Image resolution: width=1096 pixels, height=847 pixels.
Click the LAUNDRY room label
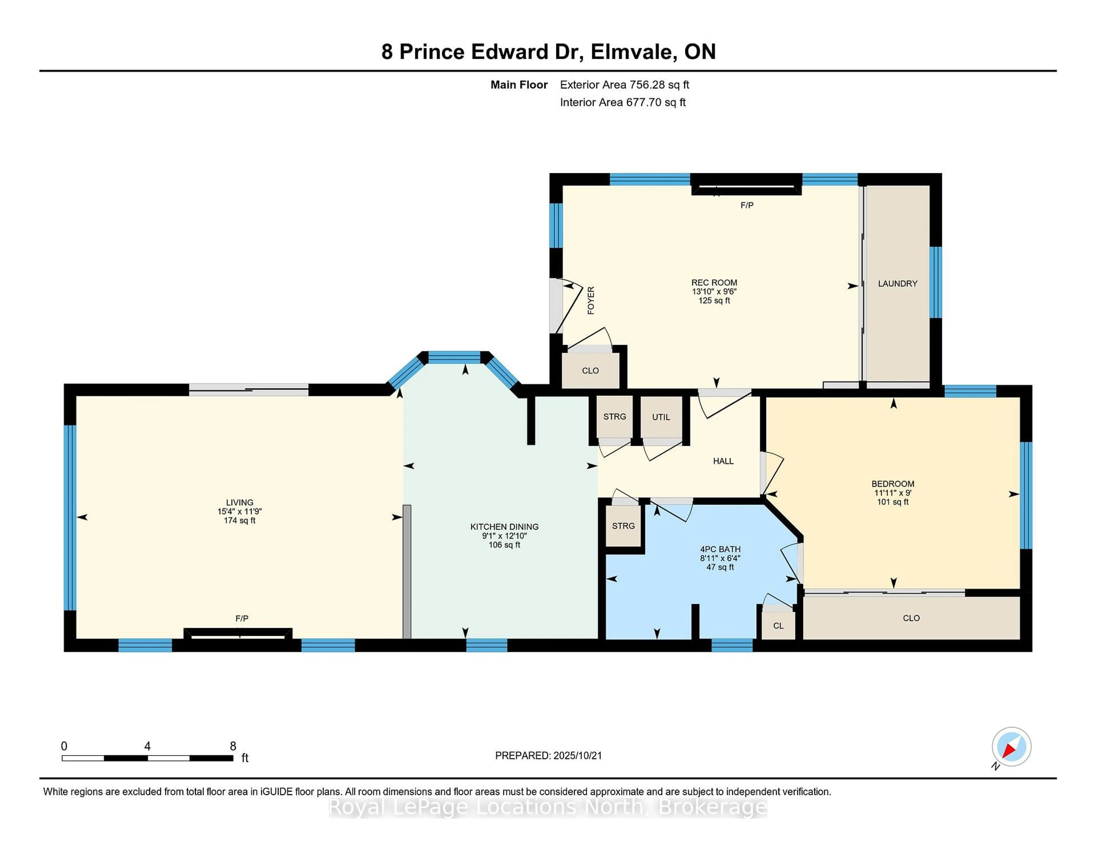897,283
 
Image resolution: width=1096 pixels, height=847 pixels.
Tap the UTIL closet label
661,417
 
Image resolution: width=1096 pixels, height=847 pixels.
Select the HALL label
723,461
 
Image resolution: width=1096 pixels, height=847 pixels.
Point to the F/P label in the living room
242,618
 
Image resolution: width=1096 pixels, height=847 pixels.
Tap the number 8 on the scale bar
233,746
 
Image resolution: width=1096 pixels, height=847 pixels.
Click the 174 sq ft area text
239,520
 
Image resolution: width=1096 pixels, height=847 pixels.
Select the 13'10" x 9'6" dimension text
714,292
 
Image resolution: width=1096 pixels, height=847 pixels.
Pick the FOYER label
591,300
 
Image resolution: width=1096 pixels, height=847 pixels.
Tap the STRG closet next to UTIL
614,416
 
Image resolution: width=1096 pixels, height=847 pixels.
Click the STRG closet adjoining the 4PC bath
623,526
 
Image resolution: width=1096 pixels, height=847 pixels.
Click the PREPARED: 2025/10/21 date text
548,755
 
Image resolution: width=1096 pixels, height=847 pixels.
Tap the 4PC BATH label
720,549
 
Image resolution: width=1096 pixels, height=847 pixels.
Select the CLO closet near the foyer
590,370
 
